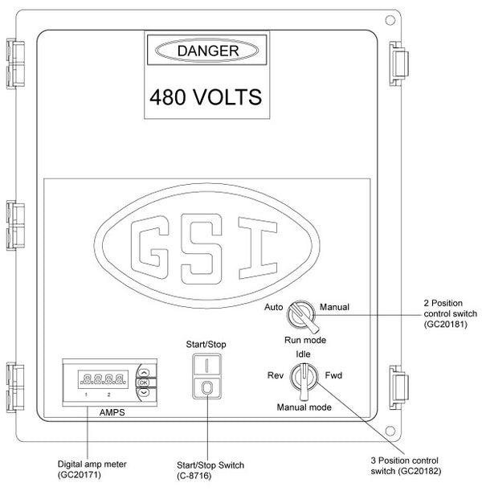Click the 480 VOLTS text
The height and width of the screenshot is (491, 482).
206,98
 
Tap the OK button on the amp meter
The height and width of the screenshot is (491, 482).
143,383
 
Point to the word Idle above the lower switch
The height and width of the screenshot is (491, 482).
303,354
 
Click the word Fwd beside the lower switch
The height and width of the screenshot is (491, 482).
333,375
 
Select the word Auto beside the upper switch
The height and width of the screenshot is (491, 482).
274,307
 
